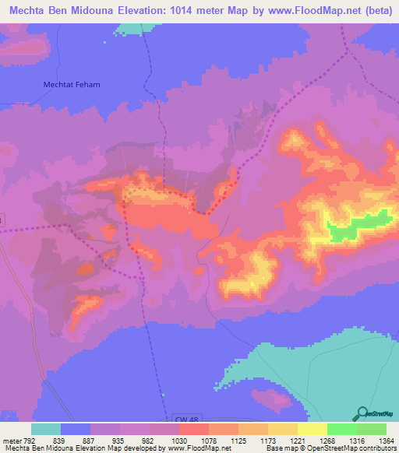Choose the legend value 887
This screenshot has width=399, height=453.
tap(90, 440)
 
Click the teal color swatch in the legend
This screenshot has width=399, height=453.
tap(45, 429)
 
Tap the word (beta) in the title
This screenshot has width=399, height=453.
tap(373, 9)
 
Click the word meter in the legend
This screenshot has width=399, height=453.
tap(12, 440)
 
